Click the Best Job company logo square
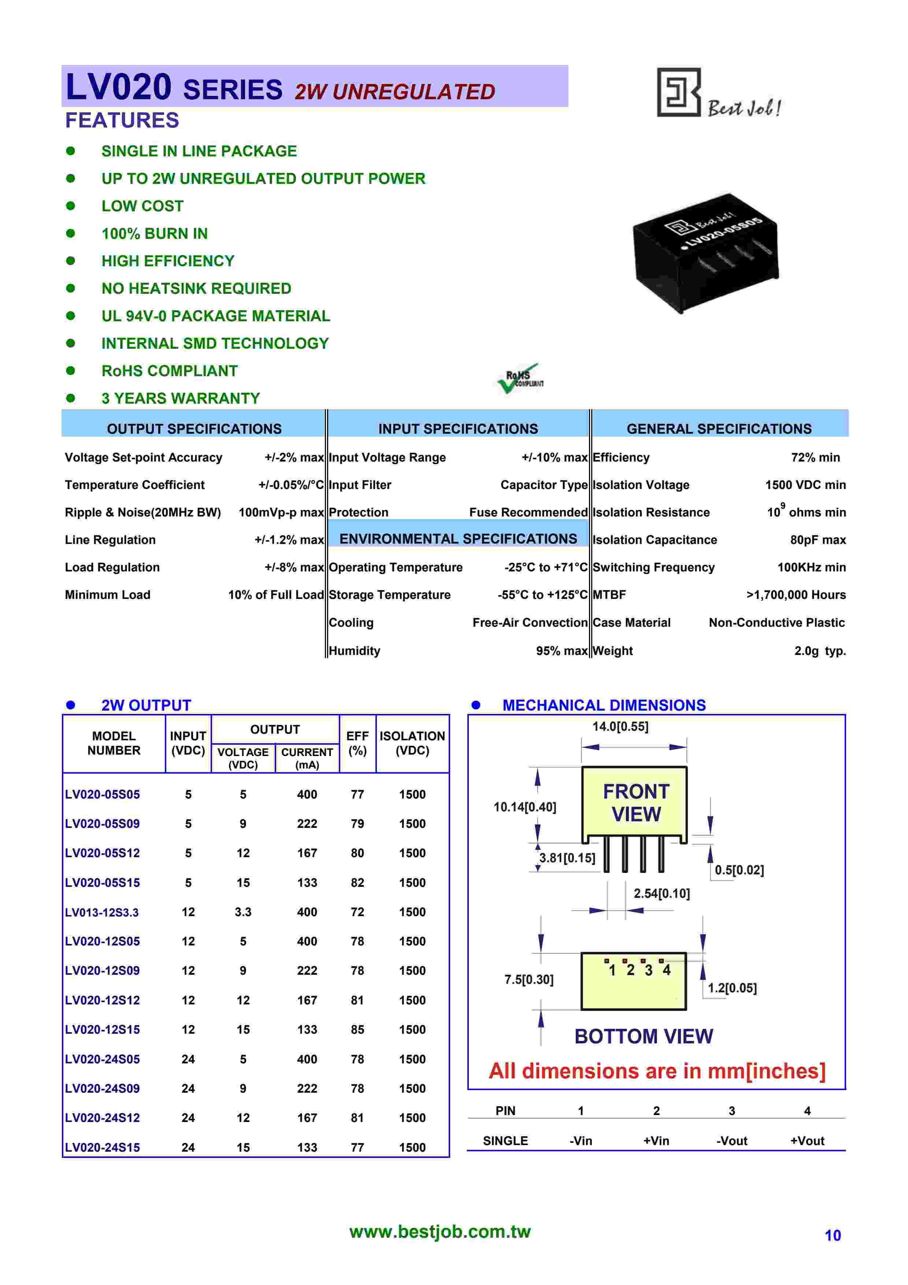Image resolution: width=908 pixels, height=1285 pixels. [678, 92]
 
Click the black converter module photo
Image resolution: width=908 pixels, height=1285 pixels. [705, 253]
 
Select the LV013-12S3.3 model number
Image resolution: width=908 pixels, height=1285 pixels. [102, 912]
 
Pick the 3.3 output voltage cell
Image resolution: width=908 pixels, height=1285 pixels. [243, 912]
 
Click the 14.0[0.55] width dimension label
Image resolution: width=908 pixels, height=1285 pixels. [620, 726]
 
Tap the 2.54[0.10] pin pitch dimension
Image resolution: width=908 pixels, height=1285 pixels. [661, 893]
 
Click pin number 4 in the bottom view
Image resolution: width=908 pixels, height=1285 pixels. [666, 970]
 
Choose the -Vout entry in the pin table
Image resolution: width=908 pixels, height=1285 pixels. [731, 1141]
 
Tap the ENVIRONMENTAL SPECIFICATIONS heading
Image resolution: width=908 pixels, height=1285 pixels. [458, 538]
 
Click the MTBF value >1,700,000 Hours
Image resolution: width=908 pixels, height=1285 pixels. [796, 595]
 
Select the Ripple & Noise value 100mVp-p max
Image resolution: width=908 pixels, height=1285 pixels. [281, 513]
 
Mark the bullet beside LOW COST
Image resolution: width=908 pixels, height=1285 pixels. [70, 206]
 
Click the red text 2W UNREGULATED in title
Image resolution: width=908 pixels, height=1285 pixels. [395, 92]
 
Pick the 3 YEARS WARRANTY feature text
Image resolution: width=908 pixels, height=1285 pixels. [181, 399]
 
